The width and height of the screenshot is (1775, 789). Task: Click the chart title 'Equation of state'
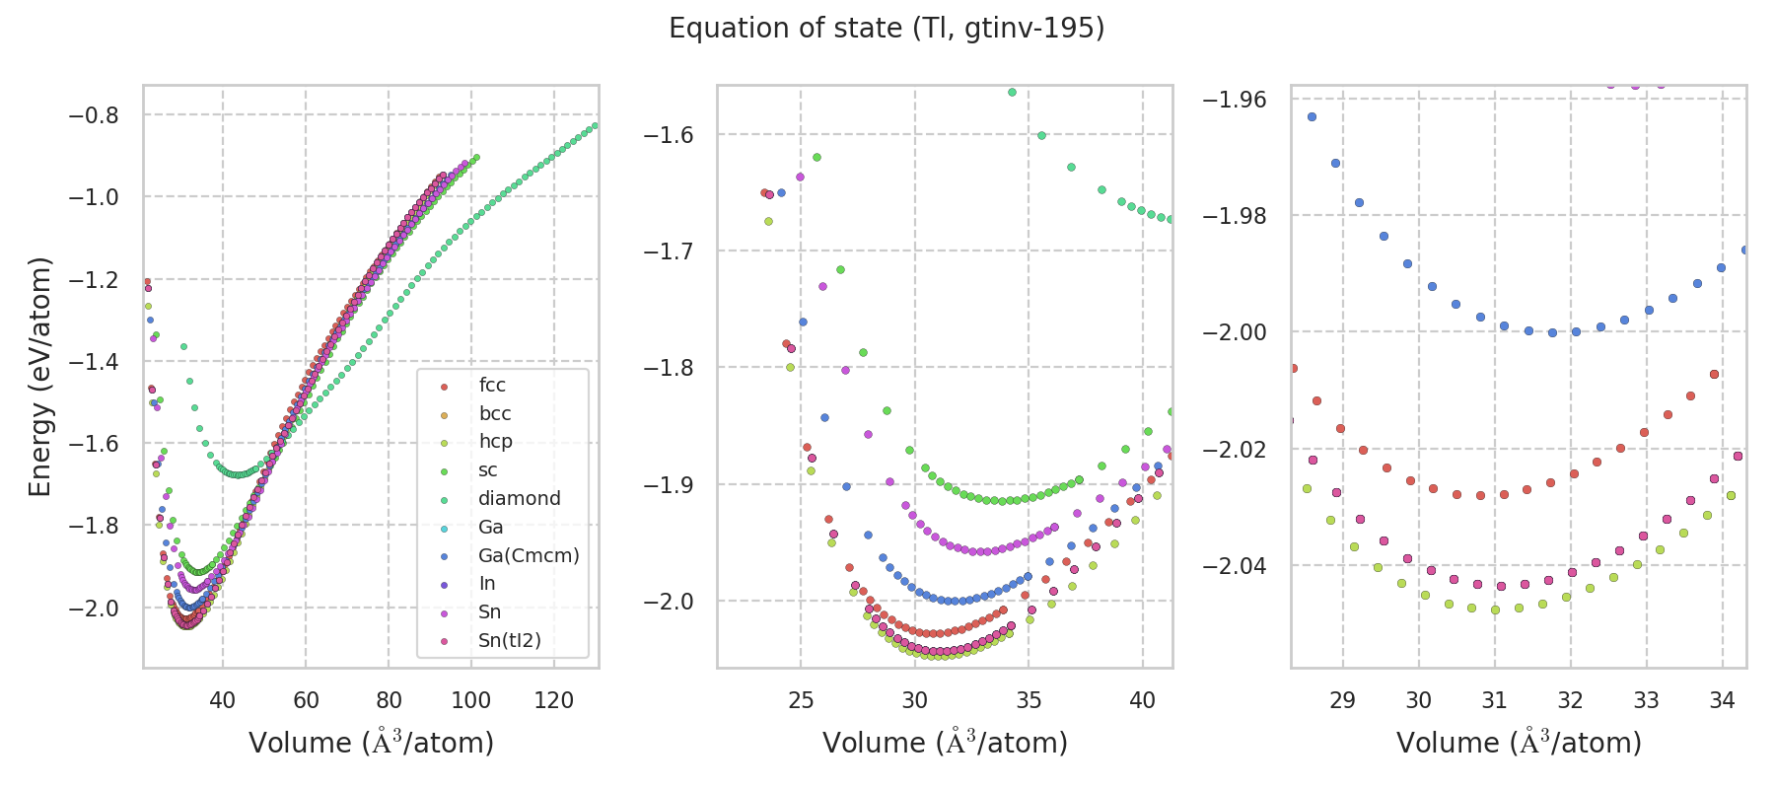click(886, 29)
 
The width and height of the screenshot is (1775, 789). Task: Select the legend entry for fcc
click(492, 386)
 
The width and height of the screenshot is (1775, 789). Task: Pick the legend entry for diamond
click(519, 499)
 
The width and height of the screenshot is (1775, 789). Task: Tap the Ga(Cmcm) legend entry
click(529, 556)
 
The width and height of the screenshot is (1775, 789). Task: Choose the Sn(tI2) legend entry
click(510, 641)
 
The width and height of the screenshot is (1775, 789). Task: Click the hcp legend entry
click(495, 442)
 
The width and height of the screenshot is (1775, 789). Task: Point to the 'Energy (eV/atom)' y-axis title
click(39, 376)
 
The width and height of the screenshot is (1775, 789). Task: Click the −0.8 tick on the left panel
click(93, 115)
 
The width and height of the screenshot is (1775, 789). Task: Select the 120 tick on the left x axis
click(554, 700)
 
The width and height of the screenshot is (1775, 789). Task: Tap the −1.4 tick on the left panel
click(93, 362)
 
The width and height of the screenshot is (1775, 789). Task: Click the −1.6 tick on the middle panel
click(668, 135)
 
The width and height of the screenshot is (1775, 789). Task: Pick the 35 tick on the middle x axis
click(1029, 700)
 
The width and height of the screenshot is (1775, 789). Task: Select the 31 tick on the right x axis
click(1495, 700)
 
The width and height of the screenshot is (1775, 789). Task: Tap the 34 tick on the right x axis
click(1723, 700)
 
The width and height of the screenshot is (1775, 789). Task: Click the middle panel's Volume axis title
click(945, 743)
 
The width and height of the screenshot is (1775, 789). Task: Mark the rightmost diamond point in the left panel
click(595, 125)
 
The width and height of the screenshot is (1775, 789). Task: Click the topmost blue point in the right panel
click(1312, 116)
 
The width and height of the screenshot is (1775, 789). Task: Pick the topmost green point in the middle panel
click(1012, 92)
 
